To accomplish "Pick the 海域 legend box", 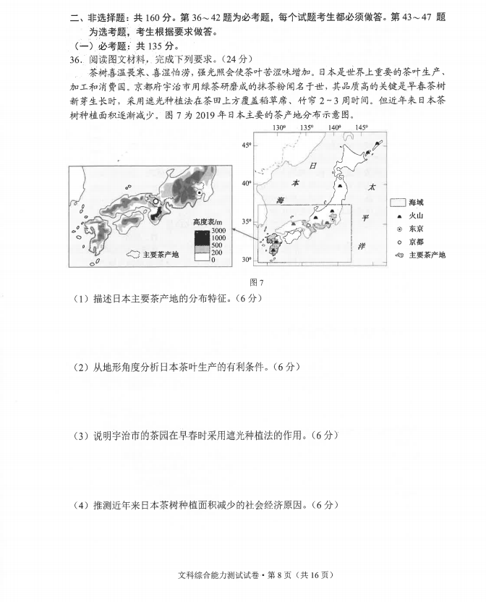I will point(397,203).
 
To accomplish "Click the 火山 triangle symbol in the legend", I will point(397,216).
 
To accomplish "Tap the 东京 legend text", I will point(417,229).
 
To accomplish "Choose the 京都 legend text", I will point(417,242).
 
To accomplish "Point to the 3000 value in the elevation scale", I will point(218,230).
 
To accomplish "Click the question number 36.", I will point(77,59).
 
